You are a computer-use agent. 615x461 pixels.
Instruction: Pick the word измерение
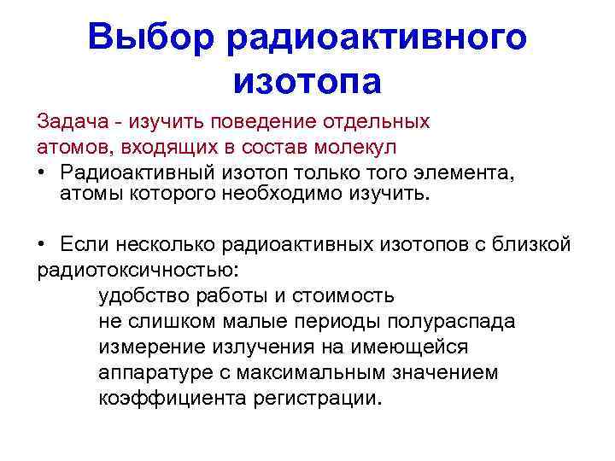coord(151,347)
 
